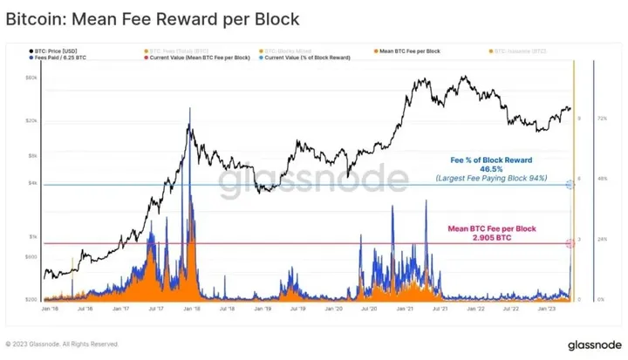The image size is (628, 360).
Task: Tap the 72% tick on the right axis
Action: [601, 119]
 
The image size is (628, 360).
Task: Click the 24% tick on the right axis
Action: [601, 238]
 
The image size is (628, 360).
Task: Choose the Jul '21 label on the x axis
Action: [442, 308]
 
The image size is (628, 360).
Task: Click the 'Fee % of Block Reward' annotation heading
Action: [491, 160]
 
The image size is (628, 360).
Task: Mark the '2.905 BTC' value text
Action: [491, 237]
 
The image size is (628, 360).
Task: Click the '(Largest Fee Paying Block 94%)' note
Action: [491, 178]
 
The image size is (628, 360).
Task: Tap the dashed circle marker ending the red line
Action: [571, 244]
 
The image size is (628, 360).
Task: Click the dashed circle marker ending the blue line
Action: [571, 185]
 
